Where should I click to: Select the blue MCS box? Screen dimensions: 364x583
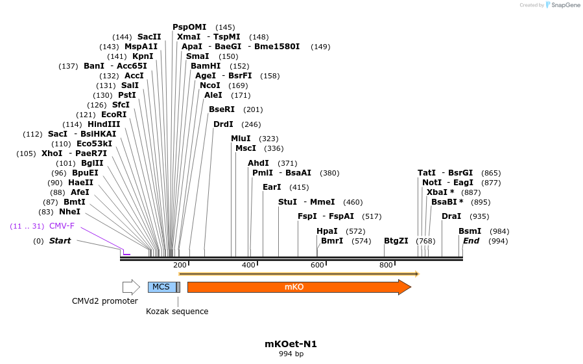tap(161, 287)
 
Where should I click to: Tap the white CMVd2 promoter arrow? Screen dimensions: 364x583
tap(131, 287)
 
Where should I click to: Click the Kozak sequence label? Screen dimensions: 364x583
tap(177, 312)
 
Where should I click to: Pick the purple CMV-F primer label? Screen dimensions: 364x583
tap(62, 226)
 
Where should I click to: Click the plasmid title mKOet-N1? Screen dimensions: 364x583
tap(291, 344)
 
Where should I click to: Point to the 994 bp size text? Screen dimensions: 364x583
tap(291, 354)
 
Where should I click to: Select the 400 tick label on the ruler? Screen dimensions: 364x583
tap(248, 265)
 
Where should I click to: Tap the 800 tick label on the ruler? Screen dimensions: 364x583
tap(386, 265)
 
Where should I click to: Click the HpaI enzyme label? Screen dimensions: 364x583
tap(327, 231)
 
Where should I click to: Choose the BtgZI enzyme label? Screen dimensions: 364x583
tap(396, 241)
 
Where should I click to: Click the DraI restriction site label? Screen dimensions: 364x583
tap(451, 216)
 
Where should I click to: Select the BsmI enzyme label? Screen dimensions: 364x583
tap(470, 231)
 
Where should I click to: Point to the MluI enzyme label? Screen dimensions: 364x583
tap(241, 139)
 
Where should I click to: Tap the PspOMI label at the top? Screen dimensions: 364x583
tap(189, 27)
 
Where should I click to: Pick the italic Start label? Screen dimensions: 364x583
tap(60, 241)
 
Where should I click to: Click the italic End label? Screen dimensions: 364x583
tap(471, 241)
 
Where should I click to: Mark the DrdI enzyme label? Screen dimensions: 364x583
tap(224, 124)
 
